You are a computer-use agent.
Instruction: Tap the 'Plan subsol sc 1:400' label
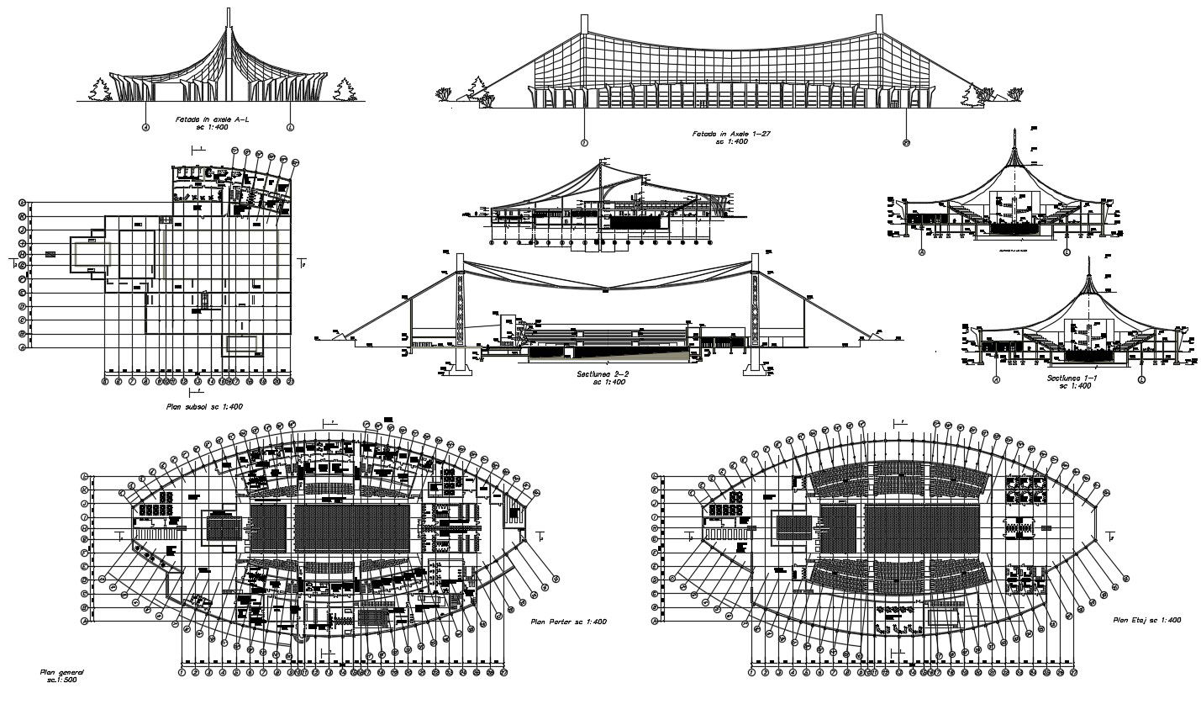point(205,406)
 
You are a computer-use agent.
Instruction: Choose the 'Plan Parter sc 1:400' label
point(568,622)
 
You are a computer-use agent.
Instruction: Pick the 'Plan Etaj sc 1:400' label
point(1147,620)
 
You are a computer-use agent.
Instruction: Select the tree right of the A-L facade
point(345,88)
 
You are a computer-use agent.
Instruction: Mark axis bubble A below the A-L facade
point(145,128)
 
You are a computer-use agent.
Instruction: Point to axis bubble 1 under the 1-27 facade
point(583,141)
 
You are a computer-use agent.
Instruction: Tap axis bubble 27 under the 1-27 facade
point(905,141)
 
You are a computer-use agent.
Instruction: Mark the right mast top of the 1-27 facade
point(879,19)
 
